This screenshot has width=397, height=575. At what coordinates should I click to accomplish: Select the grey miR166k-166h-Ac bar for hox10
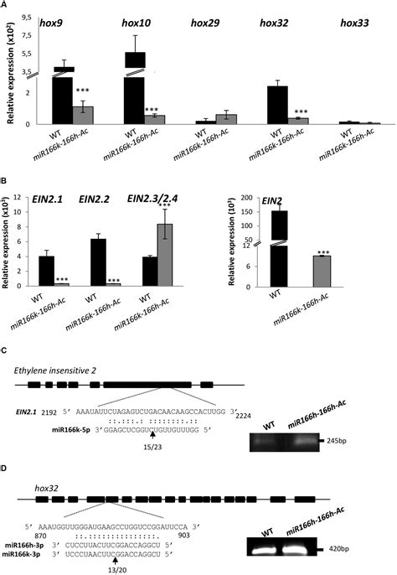pos(153,119)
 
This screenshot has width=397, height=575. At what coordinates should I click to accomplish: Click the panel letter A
pos(6,5)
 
